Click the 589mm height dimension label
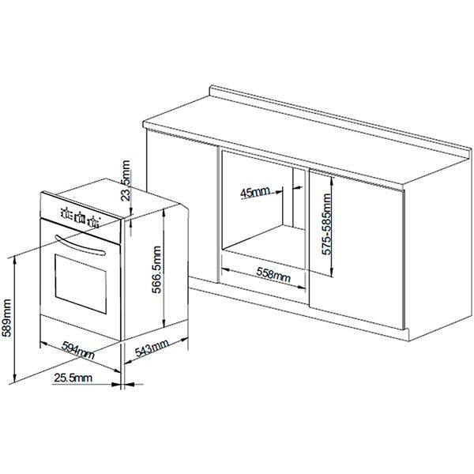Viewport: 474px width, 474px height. pyautogui.click(x=6, y=318)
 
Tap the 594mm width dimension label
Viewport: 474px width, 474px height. pyautogui.click(x=78, y=350)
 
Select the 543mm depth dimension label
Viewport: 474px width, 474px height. pyautogui.click(x=152, y=348)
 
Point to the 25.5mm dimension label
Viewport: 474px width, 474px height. pyautogui.click(x=73, y=378)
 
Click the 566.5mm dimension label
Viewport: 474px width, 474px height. pyautogui.click(x=156, y=269)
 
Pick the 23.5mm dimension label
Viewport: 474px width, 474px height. pyautogui.click(x=125, y=181)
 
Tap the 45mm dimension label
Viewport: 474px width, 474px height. pyautogui.click(x=255, y=192)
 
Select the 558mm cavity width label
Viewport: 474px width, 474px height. pyautogui.click(x=273, y=274)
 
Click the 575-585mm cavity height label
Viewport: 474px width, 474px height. pyautogui.click(x=326, y=224)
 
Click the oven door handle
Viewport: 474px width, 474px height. pyautogui.click(x=80, y=245)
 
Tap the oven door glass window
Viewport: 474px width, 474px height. pyautogui.click(x=81, y=284)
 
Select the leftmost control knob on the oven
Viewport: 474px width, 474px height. pyautogui.click(x=66, y=213)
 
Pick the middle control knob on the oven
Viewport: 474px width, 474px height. pyautogui.click(x=80, y=218)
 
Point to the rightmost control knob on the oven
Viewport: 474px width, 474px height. pyautogui.click(x=93, y=222)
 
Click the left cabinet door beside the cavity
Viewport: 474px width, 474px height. pyautogui.click(x=182, y=205)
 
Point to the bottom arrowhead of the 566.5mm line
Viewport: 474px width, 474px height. pyautogui.click(x=164, y=323)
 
